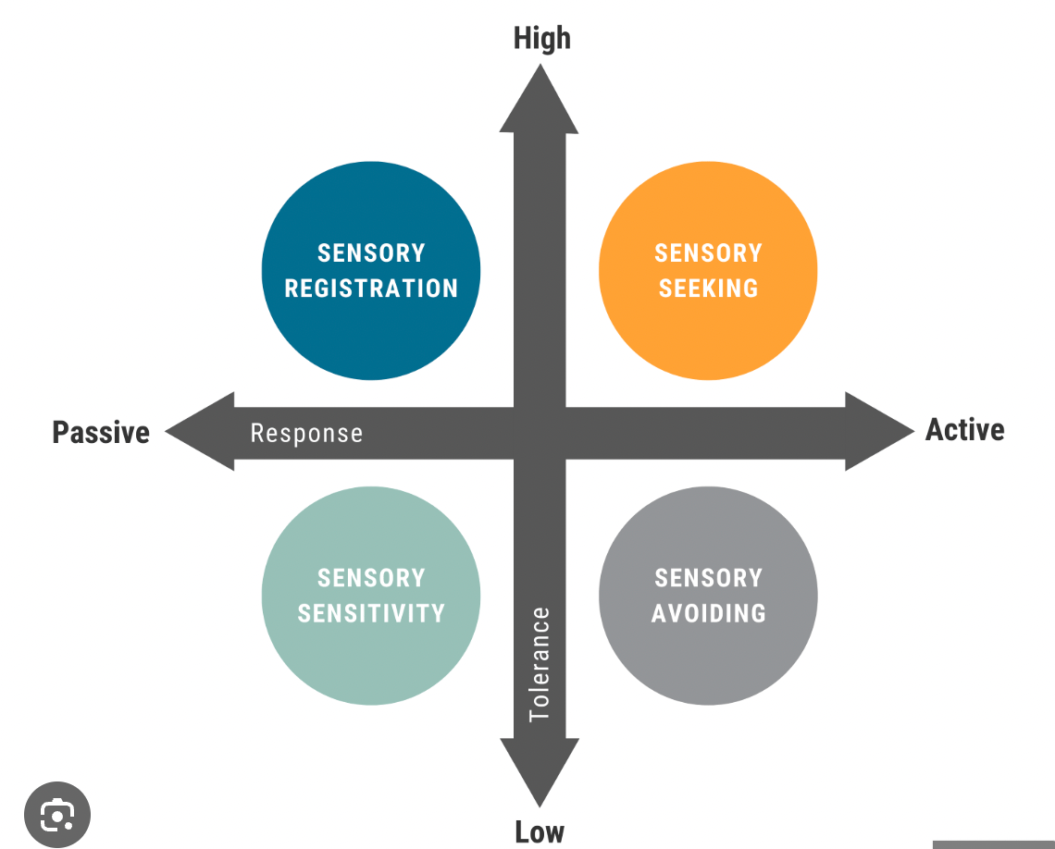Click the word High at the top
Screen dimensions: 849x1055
point(542,39)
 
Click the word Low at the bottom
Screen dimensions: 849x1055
point(540,831)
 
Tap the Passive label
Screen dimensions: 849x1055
point(101,432)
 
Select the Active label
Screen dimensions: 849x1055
point(965,430)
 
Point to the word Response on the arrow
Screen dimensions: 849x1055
point(306,433)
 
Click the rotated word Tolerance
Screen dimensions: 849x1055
point(540,663)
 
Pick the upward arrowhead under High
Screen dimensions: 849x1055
point(540,102)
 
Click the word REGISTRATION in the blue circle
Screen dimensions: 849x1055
point(371,289)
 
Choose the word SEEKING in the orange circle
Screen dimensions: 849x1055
point(708,289)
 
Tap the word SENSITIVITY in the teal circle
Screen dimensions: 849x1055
point(371,613)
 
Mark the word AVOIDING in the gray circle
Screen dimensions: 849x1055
point(708,613)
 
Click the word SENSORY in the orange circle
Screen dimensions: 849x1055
point(708,253)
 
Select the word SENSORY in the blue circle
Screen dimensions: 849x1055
point(371,253)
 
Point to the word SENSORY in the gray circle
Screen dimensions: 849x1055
point(708,578)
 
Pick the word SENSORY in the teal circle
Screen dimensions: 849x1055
point(371,578)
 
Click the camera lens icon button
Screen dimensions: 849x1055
point(56,815)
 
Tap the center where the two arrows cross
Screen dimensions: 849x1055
point(540,433)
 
